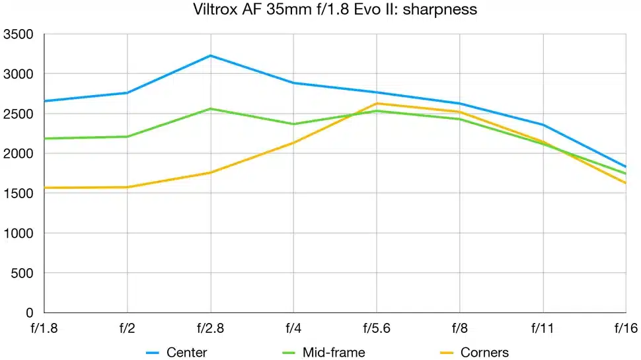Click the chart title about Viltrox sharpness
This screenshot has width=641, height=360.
tap(320, 10)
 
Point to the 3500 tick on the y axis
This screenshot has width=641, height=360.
tap(19, 34)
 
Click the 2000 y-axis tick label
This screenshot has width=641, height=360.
tap(19, 153)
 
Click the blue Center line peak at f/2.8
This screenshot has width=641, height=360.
tap(210, 55)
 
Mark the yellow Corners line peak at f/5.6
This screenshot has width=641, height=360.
tap(377, 103)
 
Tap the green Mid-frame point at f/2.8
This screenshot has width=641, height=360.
tap(210, 108)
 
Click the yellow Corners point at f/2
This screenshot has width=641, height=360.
tap(127, 187)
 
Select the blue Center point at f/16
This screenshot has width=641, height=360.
tap(625, 166)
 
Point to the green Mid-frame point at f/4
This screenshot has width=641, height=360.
tap(293, 124)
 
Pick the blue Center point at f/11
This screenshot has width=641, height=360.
tap(543, 125)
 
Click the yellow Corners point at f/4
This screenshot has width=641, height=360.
tap(293, 143)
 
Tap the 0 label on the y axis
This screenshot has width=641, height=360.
tap(29, 312)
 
